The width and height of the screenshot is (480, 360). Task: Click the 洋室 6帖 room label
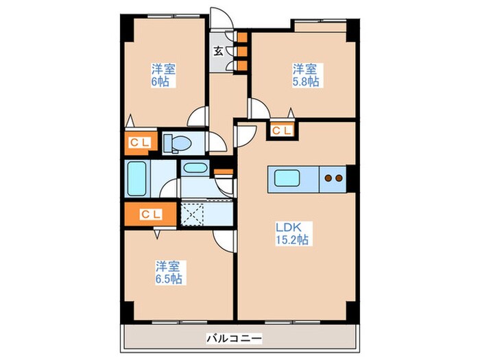coord(162,75)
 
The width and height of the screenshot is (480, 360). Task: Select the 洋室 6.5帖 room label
coord(167,272)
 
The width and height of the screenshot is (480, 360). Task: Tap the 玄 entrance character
coord(218,50)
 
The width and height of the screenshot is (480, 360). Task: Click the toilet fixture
coord(176,142)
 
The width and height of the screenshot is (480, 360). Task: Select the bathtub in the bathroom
coord(136,178)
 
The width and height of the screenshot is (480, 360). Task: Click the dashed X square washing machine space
coord(194,214)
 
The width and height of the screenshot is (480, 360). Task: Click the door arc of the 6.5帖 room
coord(222,240)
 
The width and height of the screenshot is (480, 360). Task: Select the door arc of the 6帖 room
coord(198,117)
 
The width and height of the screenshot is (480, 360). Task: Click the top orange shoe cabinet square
coord(241,37)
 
